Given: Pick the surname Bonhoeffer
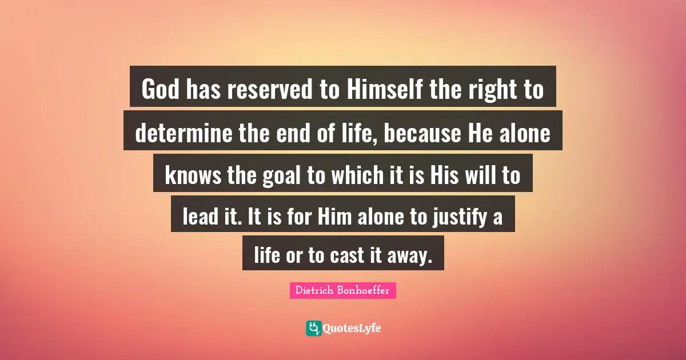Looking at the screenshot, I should pyautogui.click(x=364, y=291).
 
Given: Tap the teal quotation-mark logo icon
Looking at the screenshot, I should pyautogui.click(x=313, y=328).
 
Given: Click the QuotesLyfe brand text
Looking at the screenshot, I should pyautogui.click(x=352, y=329).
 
